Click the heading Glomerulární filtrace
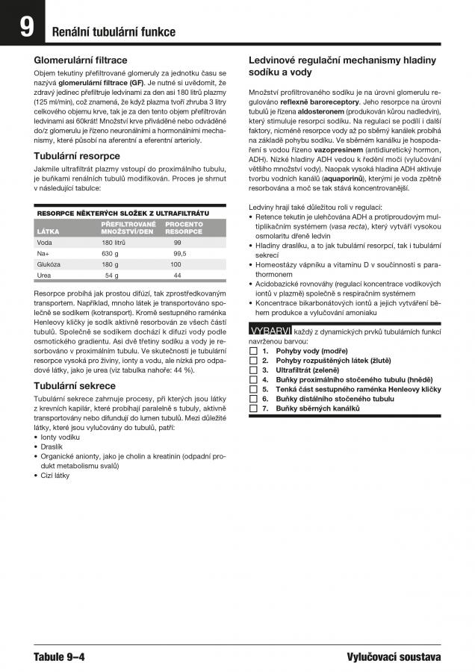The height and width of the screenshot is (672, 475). pyautogui.click(x=81, y=60)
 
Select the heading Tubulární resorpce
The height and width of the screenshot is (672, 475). pyautogui.click(x=78, y=156)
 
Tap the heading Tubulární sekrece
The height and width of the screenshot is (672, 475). pyautogui.click(x=75, y=386)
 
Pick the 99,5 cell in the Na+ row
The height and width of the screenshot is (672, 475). pyautogui.click(x=179, y=253)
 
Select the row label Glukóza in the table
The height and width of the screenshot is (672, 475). pyautogui.click(x=49, y=264)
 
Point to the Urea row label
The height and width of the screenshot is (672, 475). pyautogui.click(x=44, y=276)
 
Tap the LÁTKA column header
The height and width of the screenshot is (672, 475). pyautogui.click(x=48, y=231)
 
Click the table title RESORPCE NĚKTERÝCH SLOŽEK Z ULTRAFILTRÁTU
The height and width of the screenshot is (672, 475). pyautogui.click(x=122, y=214)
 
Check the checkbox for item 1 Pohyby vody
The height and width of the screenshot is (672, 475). pyautogui.click(x=253, y=350)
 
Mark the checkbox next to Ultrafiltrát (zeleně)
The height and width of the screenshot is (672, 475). pyautogui.click(x=253, y=370)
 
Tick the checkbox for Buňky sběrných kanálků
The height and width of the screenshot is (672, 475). pyautogui.click(x=253, y=408)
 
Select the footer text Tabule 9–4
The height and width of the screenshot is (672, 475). pyautogui.click(x=59, y=657)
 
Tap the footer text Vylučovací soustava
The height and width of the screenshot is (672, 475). pyautogui.click(x=394, y=657)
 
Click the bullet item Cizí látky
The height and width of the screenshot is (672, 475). pyautogui.click(x=55, y=475)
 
